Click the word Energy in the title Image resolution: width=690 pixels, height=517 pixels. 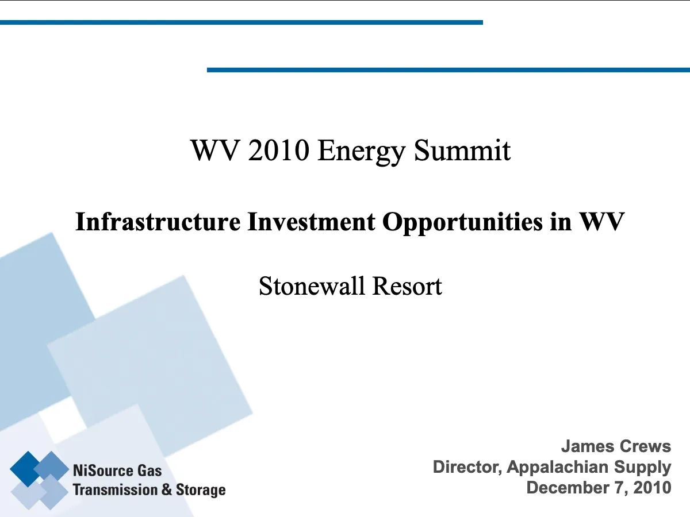click(x=361, y=152)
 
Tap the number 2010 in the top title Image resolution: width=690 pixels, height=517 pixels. click(x=278, y=151)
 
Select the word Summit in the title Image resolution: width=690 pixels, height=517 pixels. click(x=462, y=151)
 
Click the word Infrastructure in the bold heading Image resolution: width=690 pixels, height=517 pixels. click(x=158, y=222)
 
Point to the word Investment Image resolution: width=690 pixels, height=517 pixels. click(x=311, y=222)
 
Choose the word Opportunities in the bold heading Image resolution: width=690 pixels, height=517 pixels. click(x=462, y=222)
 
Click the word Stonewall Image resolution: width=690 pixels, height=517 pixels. click(x=312, y=286)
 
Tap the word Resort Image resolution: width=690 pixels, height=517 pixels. click(x=407, y=286)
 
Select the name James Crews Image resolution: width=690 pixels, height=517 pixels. click(x=616, y=446)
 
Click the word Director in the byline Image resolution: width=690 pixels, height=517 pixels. click(x=467, y=467)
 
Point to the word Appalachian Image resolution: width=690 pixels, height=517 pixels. click(x=557, y=468)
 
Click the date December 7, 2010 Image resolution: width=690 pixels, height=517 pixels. click(x=599, y=488)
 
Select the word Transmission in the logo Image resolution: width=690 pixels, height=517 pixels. click(x=116, y=489)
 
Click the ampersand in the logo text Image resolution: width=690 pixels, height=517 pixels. click(x=167, y=489)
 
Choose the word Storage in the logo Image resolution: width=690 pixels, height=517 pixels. click(x=201, y=491)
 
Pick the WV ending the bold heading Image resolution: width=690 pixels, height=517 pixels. click(x=601, y=222)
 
